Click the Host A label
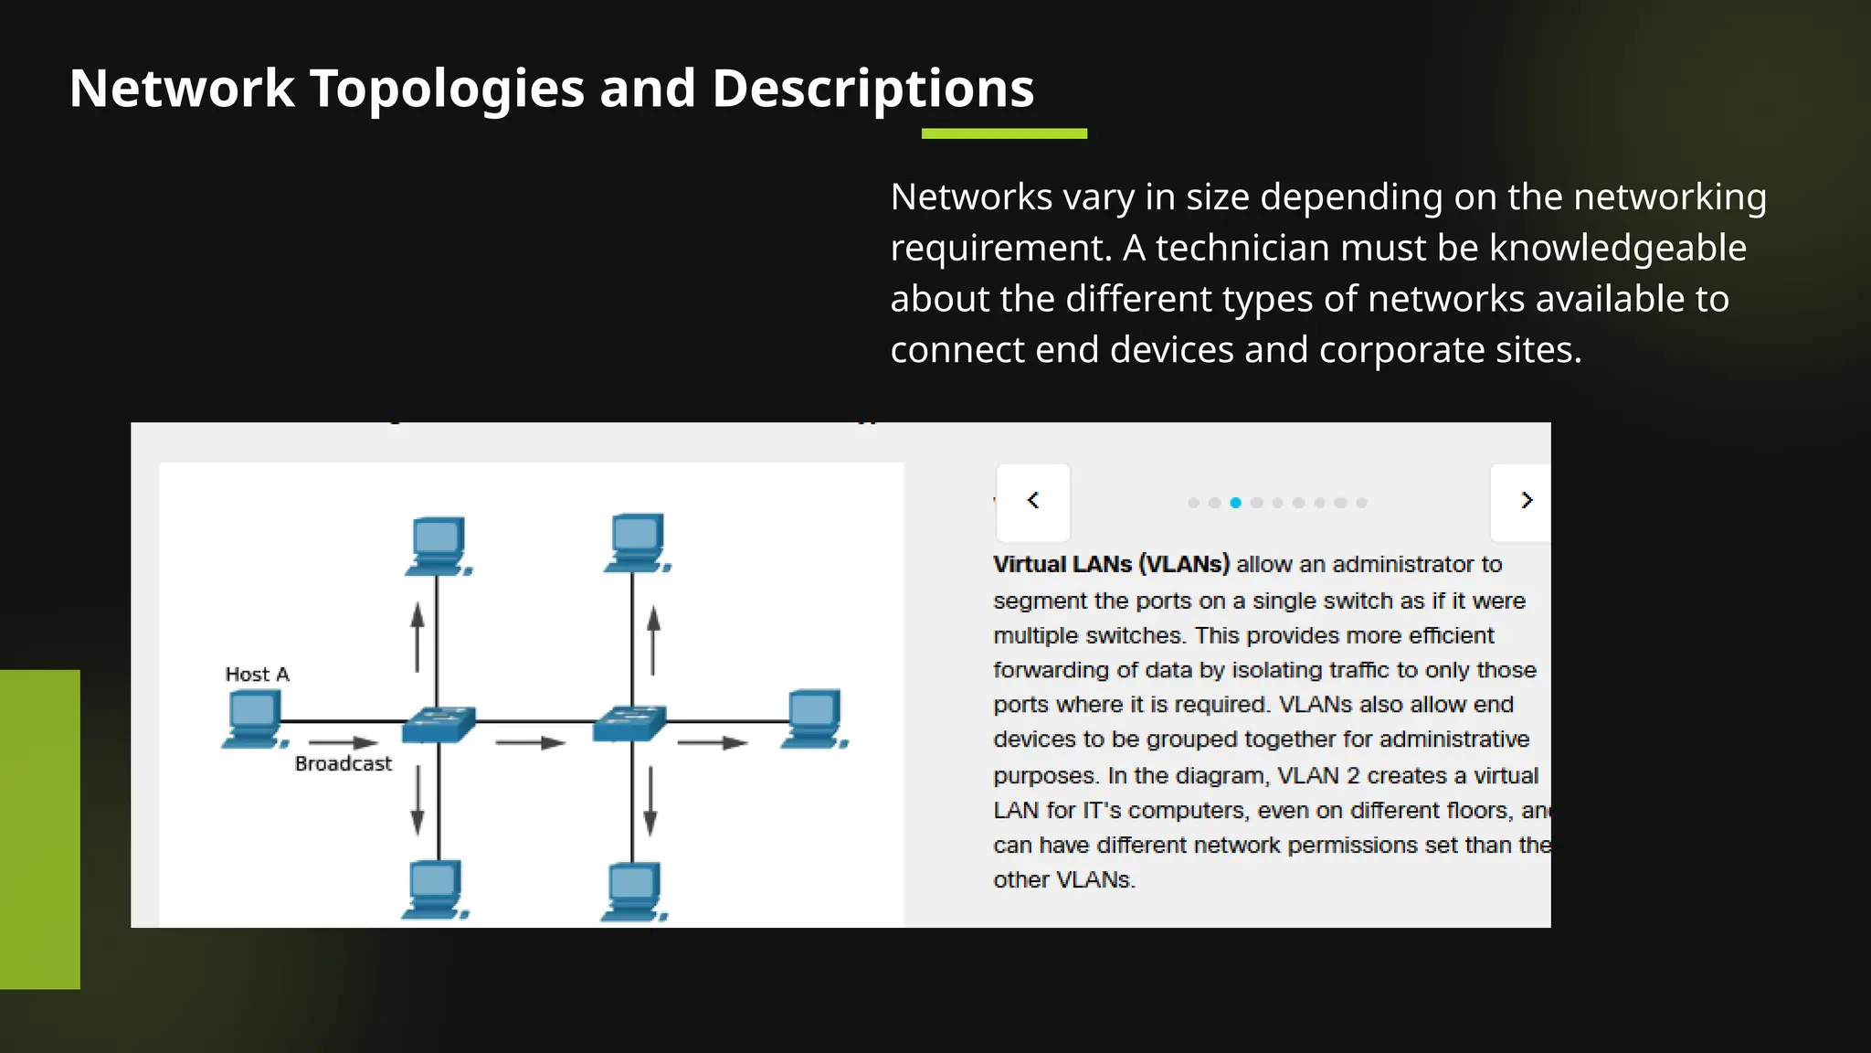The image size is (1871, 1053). [x=257, y=675]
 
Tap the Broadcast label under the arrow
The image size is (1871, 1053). [x=343, y=764]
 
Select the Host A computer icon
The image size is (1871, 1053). [x=253, y=720]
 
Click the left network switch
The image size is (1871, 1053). [x=439, y=724]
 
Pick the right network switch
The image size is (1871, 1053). [x=629, y=724]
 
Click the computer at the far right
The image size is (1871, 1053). [x=813, y=719]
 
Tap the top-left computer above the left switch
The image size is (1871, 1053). [x=438, y=546]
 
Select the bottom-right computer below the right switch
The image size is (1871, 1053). [x=633, y=891]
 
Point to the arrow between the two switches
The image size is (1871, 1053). [x=530, y=743]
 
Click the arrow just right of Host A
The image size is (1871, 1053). [x=343, y=742]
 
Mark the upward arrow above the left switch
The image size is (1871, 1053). [x=418, y=637]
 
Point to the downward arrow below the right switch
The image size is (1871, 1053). [x=650, y=801]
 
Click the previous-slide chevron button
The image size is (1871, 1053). [x=1033, y=501]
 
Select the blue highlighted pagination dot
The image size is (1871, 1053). [x=1235, y=503]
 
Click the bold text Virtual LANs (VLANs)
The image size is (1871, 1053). [x=1111, y=565]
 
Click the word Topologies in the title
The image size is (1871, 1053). [x=447, y=89]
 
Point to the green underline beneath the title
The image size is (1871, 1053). [x=1004, y=133]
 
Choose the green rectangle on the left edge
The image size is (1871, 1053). [x=40, y=829]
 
